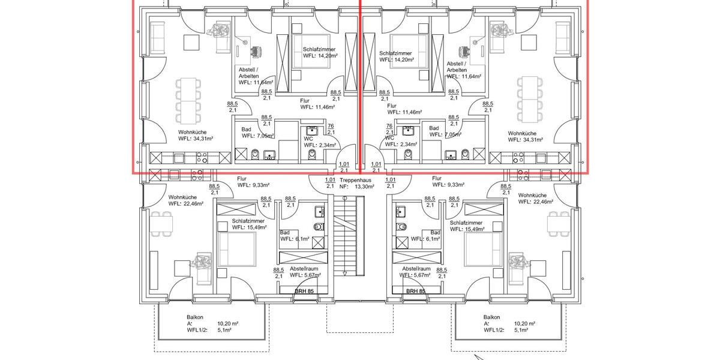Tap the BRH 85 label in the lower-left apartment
click(303, 291)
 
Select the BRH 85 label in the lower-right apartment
click(415, 291)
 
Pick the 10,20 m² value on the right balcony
click(524, 323)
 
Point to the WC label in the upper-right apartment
click(390, 137)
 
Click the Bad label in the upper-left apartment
click(247, 128)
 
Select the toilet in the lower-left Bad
click(318, 227)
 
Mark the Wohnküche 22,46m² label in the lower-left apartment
click(186, 200)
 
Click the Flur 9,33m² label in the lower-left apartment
click(253, 182)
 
